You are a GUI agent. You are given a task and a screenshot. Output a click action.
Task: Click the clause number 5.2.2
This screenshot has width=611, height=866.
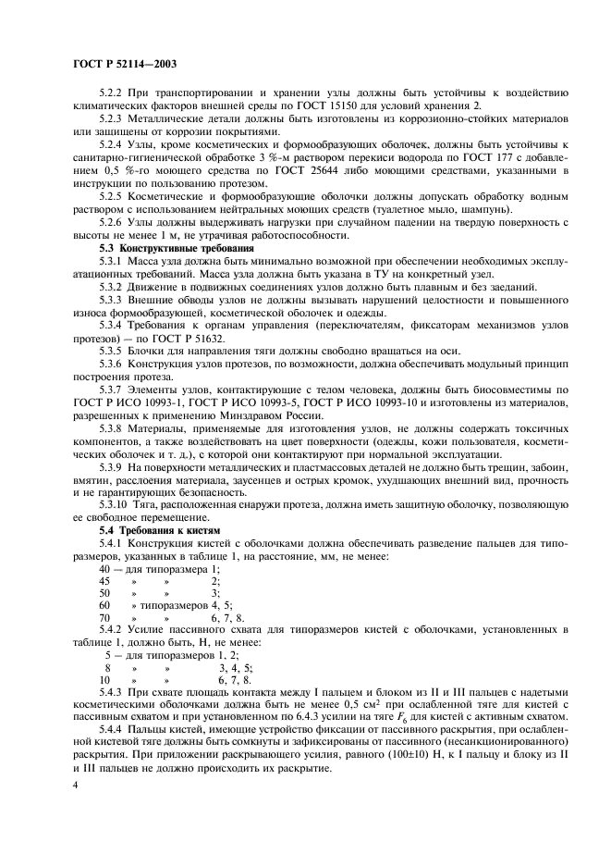[x=113, y=93]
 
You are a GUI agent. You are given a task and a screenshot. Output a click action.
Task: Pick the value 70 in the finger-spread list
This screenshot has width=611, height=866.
[x=104, y=616]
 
